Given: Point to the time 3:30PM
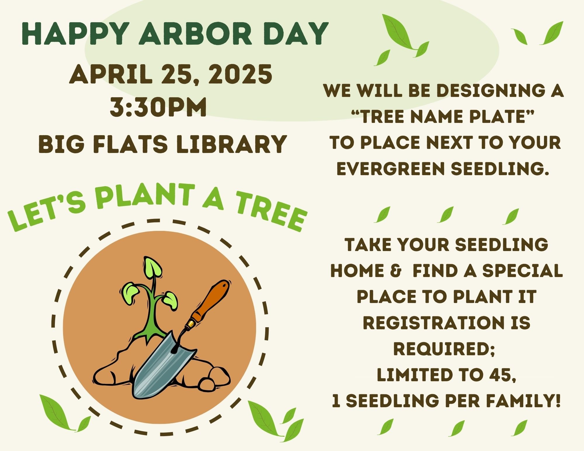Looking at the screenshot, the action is click(x=158, y=107).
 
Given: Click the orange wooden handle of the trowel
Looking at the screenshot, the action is click(x=210, y=301).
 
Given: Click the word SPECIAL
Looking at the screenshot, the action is click(x=522, y=271).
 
